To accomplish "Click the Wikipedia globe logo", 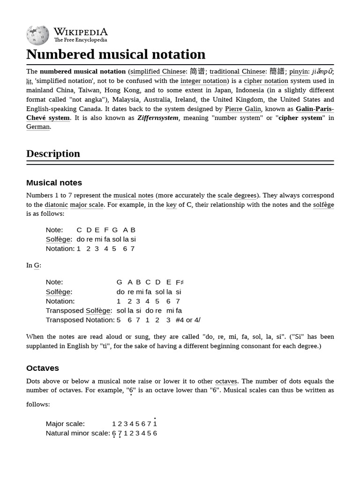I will coord(37,35).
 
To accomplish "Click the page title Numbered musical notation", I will coord(116,54).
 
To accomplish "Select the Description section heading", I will coord(53,154).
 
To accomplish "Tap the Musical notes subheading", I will coord(54,183).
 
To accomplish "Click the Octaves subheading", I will coord(43,368).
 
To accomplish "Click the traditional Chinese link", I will coord(237,72).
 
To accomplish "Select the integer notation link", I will coord(203,81).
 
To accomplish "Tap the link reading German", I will coord(38,127).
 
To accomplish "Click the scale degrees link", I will coord(237,195).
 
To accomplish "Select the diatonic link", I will coord(56,205).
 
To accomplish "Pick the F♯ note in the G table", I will coord(180,282).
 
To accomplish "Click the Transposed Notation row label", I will coord(80,320).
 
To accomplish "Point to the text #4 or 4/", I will coord(188,320).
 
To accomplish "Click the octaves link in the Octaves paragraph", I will coord(226,381).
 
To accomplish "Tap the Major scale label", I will coord(65,424).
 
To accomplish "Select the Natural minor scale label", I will coord(77,433).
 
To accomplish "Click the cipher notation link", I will coord(266,81).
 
